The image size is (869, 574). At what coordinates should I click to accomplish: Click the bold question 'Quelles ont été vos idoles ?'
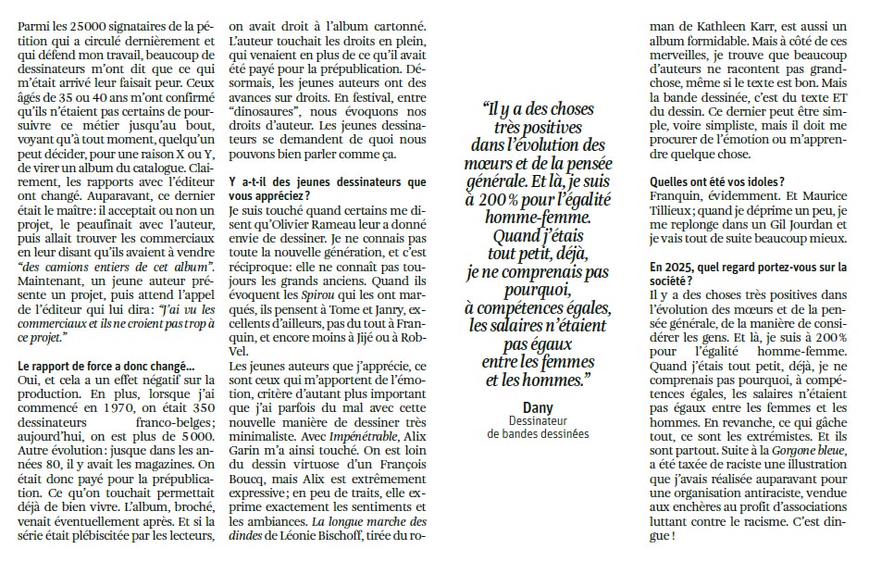(x=717, y=181)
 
